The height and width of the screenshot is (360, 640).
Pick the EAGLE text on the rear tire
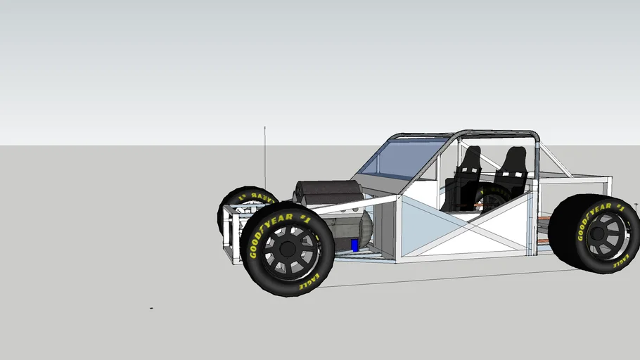click(x=622, y=261)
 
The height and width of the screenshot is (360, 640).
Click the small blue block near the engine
click(x=354, y=245)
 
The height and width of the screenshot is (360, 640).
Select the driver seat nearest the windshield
click(x=467, y=169)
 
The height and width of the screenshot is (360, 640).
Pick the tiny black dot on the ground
click(x=151, y=308)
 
